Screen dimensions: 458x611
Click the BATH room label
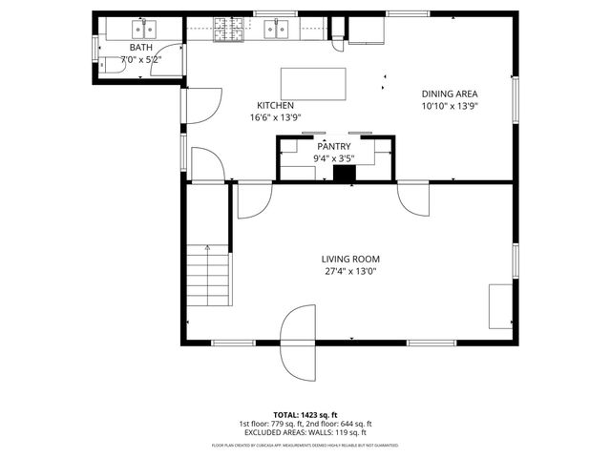pyautogui.click(x=140, y=47)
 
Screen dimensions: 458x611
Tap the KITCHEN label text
pyautogui.click(x=275, y=105)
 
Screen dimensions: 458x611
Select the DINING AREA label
pyautogui.click(x=450, y=94)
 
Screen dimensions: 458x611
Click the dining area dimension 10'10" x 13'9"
pyautogui.click(x=450, y=106)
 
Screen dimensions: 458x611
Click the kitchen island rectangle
pyautogui.click(x=313, y=83)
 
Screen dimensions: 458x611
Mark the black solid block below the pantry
pyautogui.click(x=344, y=175)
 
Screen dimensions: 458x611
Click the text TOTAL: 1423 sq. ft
pyautogui.click(x=305, y=415)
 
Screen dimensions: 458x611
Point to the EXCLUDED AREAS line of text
pyautogui.click(x=305, y=432)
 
